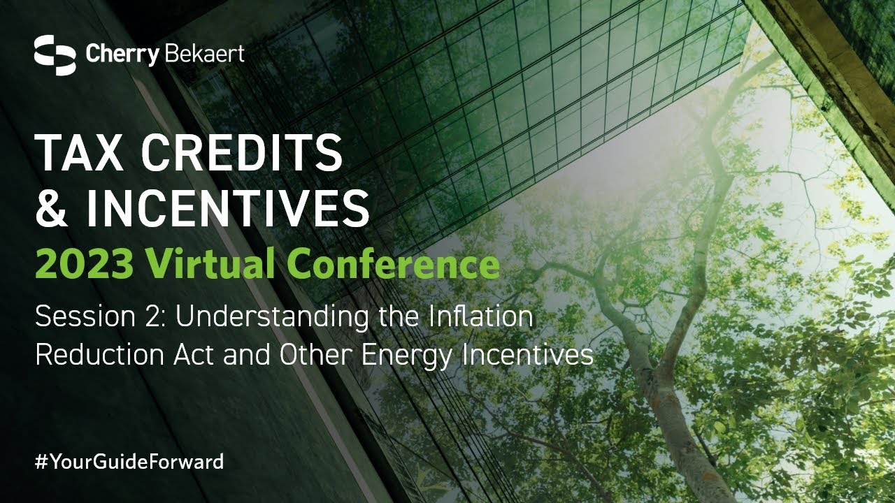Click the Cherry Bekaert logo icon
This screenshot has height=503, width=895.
55,55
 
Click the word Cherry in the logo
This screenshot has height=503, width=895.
122,55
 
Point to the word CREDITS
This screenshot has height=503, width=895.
242,153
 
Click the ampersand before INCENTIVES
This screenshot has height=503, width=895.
51,208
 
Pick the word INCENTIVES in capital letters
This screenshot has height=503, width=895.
228,208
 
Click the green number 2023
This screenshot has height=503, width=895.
85,263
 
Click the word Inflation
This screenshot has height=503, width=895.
481,316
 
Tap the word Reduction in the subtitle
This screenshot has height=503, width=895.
100,355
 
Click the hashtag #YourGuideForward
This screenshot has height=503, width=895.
129,462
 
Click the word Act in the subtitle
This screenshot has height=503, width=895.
194,355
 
